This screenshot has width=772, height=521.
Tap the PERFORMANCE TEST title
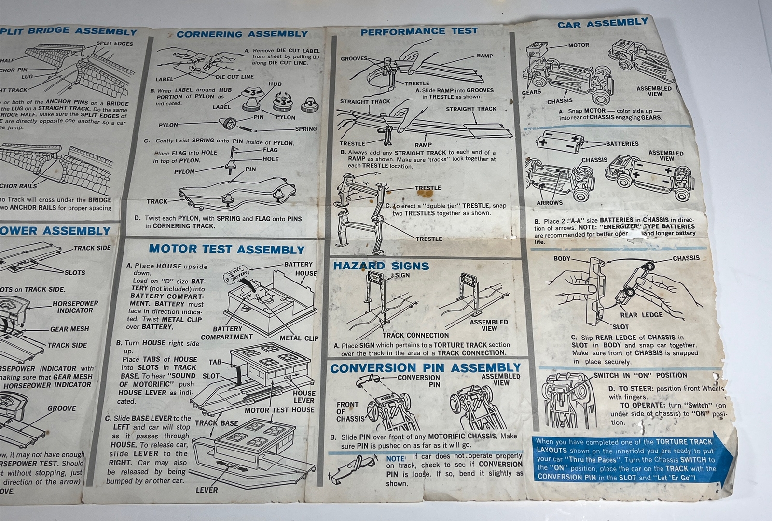click(419, 32)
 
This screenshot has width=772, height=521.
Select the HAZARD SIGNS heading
click(381, 266)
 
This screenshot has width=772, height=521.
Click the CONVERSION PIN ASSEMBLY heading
click(425, 368)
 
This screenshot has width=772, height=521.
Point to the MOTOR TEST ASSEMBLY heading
click(226, 250)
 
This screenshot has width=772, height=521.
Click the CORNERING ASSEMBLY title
click(242, 34)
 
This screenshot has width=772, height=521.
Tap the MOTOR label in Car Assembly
click(579, 45)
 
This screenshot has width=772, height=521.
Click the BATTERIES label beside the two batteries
click(622, 144)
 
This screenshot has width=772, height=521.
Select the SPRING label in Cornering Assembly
click(306, 129)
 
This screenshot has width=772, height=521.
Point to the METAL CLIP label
click(299, 338)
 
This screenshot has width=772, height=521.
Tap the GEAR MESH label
click(69, 329)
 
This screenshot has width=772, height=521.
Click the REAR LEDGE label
click(641, 315)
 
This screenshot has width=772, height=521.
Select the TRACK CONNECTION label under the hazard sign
click(415, 335)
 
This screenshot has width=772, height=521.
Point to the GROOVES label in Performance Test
click(354, 59)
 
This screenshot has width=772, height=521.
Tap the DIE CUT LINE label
click(234, 77)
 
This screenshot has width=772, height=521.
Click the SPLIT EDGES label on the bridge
click(114, 44)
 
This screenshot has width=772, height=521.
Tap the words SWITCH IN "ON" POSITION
click(640, 375)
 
